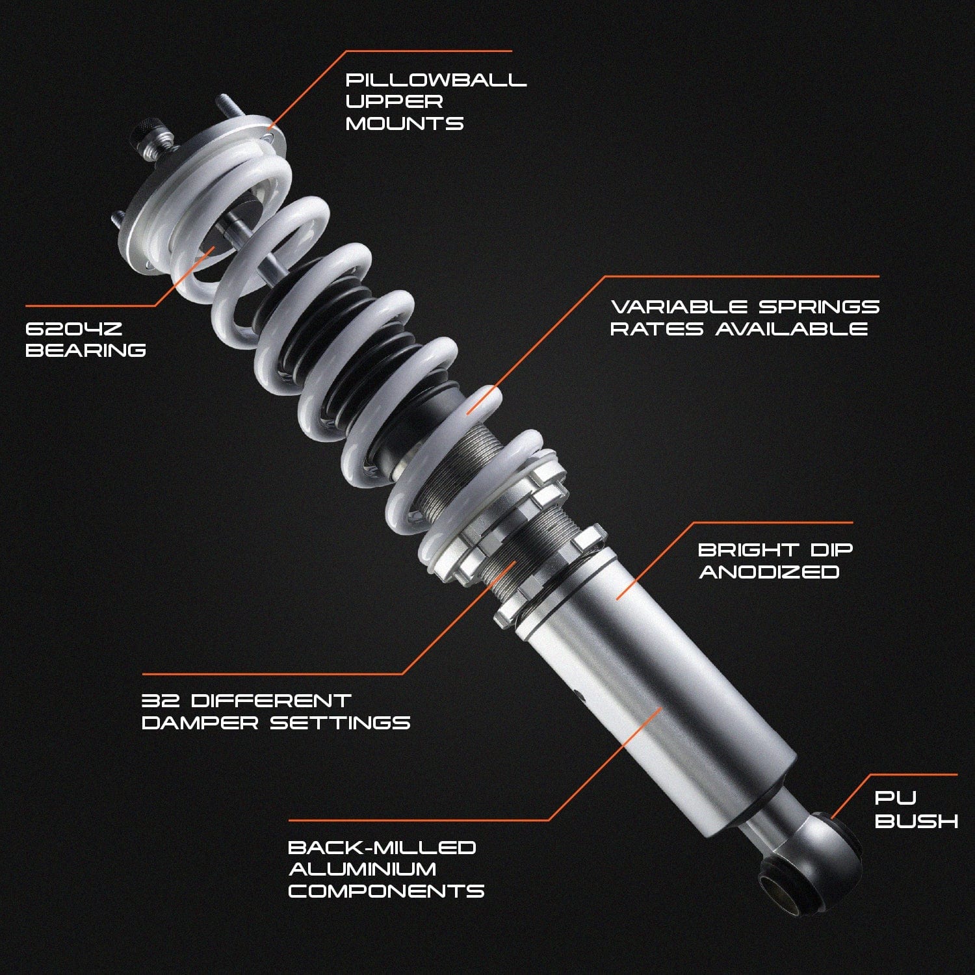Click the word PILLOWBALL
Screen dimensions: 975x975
pyautogui.click(x=435, y=80)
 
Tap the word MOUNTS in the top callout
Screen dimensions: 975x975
pyautogui.click(x=404, y=123)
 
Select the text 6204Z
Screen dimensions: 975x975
pyautogui.click(x=73, y=328)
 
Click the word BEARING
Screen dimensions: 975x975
pyautogui.click(x=85, y=350)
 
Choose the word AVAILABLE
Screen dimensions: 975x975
pyautogui.click(x=792, y=328)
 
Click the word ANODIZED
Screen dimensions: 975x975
pyautogui.click(x=769, y=572)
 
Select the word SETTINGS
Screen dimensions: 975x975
pyautogui.click(x=340, y=723)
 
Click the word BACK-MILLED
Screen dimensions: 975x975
pyautogui.click(x=382, y=848)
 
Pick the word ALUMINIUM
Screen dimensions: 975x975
pyautogui.click(x=363, y=869)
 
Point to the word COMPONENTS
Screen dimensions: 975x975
pyautogui.click(x=386, y=891)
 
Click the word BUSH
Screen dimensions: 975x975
pyautogui.click(x=916, y=821)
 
